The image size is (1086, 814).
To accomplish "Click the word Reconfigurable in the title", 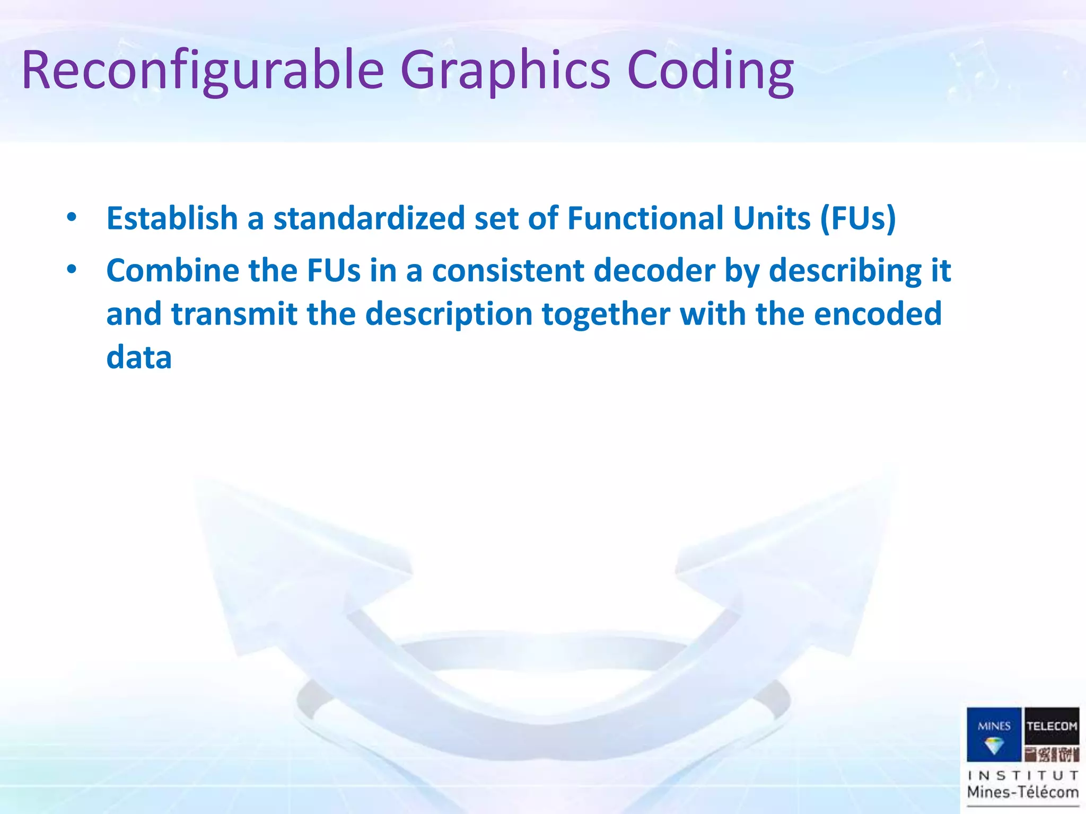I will point(203,70).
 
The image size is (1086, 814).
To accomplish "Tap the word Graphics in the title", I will point(505,70).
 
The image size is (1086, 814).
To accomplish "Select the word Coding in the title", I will point(710,70).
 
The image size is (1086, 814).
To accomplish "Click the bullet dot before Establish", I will point(72,217).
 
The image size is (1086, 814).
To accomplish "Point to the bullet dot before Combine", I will point(72,270).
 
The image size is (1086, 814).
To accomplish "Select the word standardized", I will point(369,218).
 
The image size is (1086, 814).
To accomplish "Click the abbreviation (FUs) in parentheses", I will point(858,218).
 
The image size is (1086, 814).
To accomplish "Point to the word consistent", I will point(507,271).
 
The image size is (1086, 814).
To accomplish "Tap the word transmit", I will point(234,314).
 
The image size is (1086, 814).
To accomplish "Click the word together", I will point(606,314).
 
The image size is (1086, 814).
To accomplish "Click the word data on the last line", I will point(139,358).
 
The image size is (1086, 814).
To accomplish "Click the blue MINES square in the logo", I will point(994,734).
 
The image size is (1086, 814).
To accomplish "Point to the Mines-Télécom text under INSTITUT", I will point(1023,792).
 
